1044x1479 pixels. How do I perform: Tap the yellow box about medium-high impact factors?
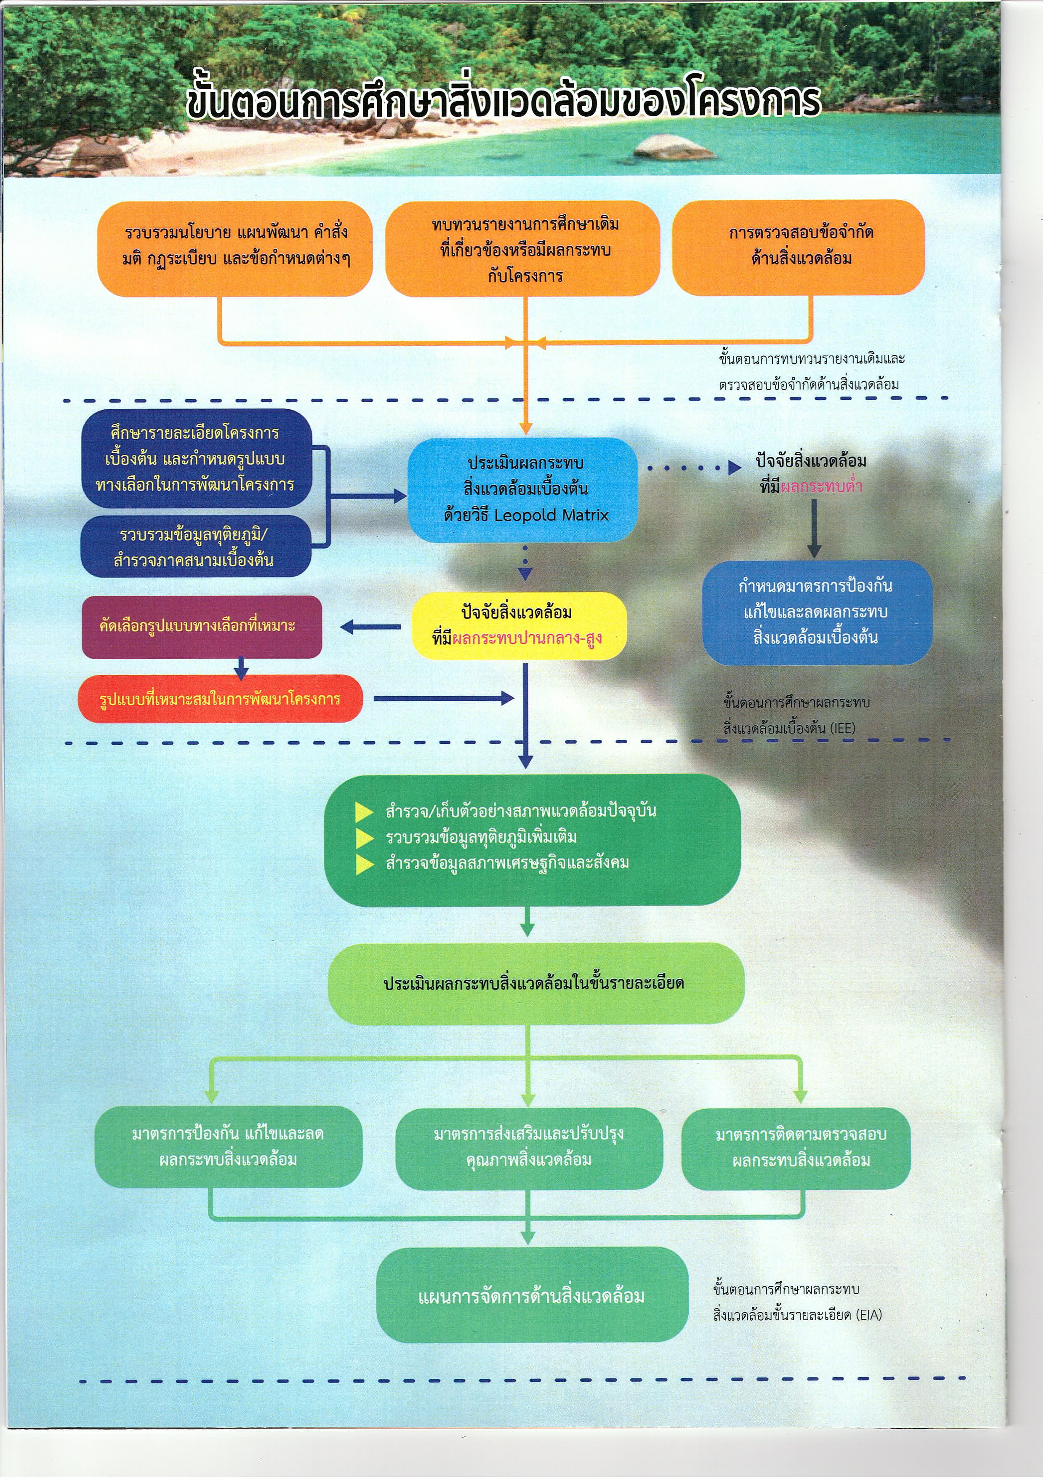coord(519,625)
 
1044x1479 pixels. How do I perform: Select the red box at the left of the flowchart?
coord(220,699)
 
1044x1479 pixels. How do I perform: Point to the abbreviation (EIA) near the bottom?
coord(869,1315)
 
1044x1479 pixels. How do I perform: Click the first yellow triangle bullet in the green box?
coord(365,812)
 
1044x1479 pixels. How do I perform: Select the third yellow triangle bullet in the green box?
coord(365,865)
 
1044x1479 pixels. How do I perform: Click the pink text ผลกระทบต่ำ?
coord(821,487)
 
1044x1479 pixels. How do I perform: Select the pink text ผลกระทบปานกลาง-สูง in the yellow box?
coord(527,638)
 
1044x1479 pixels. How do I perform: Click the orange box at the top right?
coord(798,247)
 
